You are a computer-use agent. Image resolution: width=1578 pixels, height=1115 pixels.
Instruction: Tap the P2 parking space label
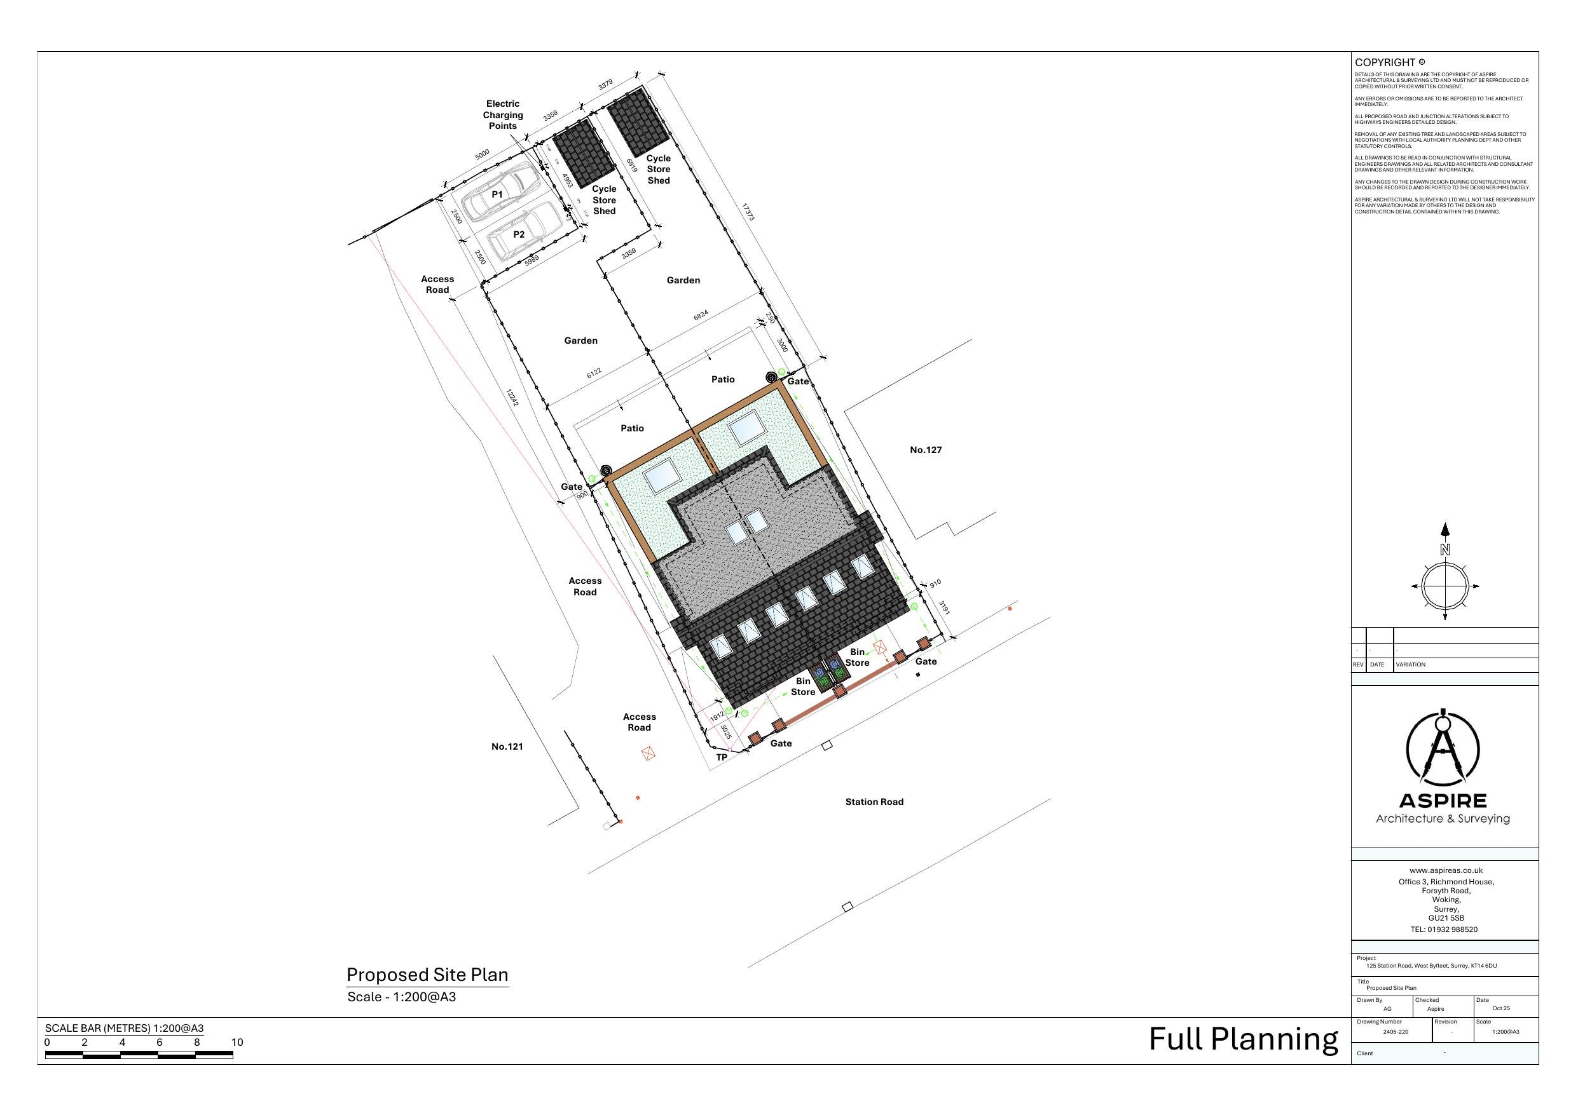[x=519, y=234]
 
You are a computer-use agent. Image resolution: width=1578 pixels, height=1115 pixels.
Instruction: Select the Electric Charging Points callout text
[x=502, y=115]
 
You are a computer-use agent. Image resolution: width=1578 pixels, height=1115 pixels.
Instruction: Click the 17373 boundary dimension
[x=748, y=212]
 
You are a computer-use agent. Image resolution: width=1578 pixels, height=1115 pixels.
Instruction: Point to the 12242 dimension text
[x=512, y=397]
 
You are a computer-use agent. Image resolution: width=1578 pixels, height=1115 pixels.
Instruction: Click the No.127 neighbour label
[x=925, y=450]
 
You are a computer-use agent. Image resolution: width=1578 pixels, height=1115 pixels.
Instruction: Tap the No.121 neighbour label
[x=507, y=747]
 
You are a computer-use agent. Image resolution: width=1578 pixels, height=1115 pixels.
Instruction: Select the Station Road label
[x=874, y=802]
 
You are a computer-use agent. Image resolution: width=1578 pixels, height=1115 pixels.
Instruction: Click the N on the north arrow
[x=1444, y=550]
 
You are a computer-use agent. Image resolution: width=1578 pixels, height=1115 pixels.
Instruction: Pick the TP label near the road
[x=722, y=757]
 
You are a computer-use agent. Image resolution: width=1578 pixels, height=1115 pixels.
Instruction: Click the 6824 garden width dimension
[x=701, y=315]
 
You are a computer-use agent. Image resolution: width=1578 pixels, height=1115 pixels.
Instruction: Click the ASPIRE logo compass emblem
[x=1443, y=749]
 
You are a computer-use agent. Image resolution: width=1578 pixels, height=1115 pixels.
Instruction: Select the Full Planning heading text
[x=1244, y=1039]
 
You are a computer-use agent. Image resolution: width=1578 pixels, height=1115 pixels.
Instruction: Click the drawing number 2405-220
[x=1395, y=1032]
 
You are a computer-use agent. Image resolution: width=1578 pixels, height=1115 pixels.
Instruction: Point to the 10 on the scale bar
[x=237, y=1042]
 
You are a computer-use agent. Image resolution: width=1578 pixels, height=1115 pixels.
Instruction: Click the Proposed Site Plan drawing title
[x=427, y=975]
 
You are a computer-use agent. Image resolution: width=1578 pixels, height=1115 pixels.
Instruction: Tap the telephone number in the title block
[x=1443, y=929]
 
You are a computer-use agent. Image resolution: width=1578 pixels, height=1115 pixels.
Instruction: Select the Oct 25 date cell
[x=1501, y=1008]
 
